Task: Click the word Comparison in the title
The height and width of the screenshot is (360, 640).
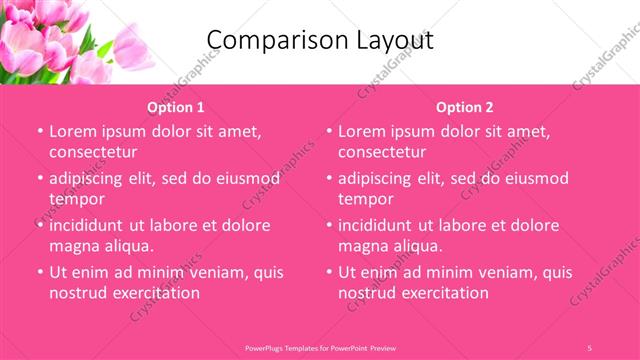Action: pos(269,40)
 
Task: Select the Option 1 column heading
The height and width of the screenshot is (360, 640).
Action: pos(176,107)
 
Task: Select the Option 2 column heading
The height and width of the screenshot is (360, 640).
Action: pos(465,107)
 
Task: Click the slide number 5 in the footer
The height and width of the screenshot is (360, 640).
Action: pos(590,347)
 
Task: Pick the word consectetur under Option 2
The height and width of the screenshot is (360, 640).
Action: pos(382,152)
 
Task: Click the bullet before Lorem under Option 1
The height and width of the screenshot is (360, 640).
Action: pos(39,131)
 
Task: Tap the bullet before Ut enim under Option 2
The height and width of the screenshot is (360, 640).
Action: pos(328,272)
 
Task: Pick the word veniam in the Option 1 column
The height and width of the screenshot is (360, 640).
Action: pos(211,271)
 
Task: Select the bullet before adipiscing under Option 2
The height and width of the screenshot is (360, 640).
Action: pos(328,178)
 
